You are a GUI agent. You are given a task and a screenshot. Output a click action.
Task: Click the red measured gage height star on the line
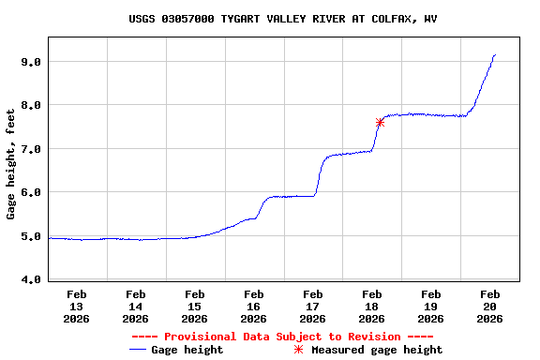(380, 122)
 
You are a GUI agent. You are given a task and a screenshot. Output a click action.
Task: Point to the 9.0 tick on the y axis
(32, 62)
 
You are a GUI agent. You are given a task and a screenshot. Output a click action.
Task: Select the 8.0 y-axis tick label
(32, 105)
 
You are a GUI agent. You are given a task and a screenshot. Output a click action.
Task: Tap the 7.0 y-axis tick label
(32, 149)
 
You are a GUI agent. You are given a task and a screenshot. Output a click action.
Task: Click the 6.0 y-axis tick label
(32, 193)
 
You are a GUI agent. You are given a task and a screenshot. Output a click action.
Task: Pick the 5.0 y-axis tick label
(32, 236)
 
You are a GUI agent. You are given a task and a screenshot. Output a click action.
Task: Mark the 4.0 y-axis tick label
(32, 279)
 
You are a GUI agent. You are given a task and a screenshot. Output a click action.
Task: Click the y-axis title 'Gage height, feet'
(11, 164)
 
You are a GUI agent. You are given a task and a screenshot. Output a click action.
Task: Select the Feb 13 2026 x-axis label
(77, 306)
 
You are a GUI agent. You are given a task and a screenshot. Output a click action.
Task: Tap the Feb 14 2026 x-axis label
(136, 306)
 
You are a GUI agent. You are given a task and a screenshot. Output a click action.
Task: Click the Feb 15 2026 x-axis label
(195, 306)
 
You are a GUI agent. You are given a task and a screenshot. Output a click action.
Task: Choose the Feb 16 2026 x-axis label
(254, 306)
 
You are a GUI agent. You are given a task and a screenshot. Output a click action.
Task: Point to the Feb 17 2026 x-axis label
(313, 306)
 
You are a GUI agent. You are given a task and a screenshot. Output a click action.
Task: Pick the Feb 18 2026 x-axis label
(372, 306)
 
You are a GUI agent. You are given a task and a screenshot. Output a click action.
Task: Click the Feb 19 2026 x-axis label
(431, 306)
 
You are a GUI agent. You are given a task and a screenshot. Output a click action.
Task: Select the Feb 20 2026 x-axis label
(490, 306)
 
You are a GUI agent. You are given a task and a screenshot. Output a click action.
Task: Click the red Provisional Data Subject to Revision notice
(282, 337)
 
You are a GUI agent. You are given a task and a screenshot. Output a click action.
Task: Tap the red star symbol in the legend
(299, 350)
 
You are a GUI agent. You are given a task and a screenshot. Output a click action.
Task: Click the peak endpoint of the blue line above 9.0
(494, 55)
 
